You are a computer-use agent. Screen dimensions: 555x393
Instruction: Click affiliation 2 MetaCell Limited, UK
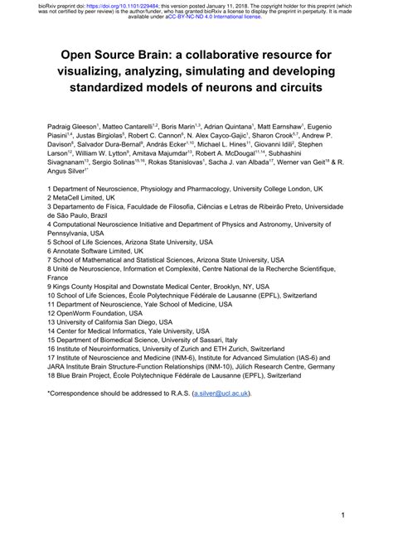pos(88,199)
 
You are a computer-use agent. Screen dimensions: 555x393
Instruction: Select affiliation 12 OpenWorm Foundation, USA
pos(104,314)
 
